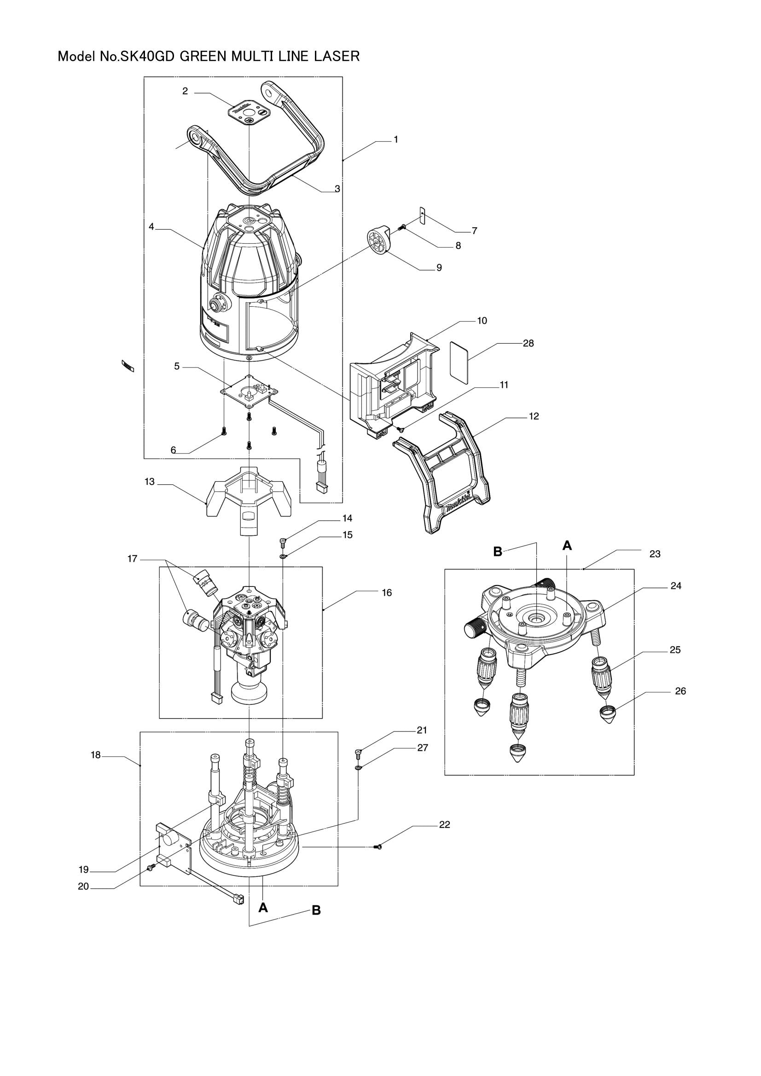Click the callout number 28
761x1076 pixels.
(x=529, y=343)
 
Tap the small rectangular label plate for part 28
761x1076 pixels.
(x=459, y=362)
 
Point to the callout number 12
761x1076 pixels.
(x=534, y=416)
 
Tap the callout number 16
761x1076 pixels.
(x=386, y=593)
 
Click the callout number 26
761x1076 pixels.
(x=680, y=691)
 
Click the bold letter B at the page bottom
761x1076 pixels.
(x=316, y=910)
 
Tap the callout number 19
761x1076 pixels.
(x=83, y=870)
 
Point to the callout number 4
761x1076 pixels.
(x=151, y=226)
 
